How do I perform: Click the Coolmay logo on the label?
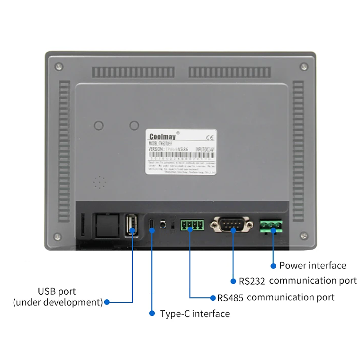coord(162,137)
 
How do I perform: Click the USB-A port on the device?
coord(132,225)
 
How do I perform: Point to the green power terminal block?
coord(271,226)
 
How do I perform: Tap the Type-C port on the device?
coord(152,225)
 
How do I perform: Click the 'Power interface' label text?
coord(312,265)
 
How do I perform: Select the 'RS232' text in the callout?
coord(252,281)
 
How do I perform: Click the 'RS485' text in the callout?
coord(230,297)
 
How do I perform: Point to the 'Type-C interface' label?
coord(195,314)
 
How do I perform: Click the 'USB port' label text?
coord(57,291)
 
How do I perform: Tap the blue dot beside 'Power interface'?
coord(273,265)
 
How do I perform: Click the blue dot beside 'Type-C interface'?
coord(152,313)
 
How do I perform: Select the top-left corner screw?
coord(58,66)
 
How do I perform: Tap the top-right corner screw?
coord(303,66)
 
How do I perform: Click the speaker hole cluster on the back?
coord(100,182)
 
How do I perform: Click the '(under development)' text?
coord(58,302)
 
